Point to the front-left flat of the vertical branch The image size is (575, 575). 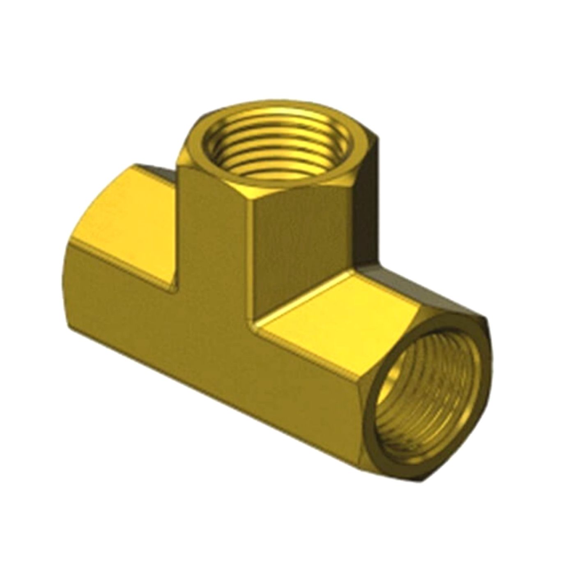(214, 230)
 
